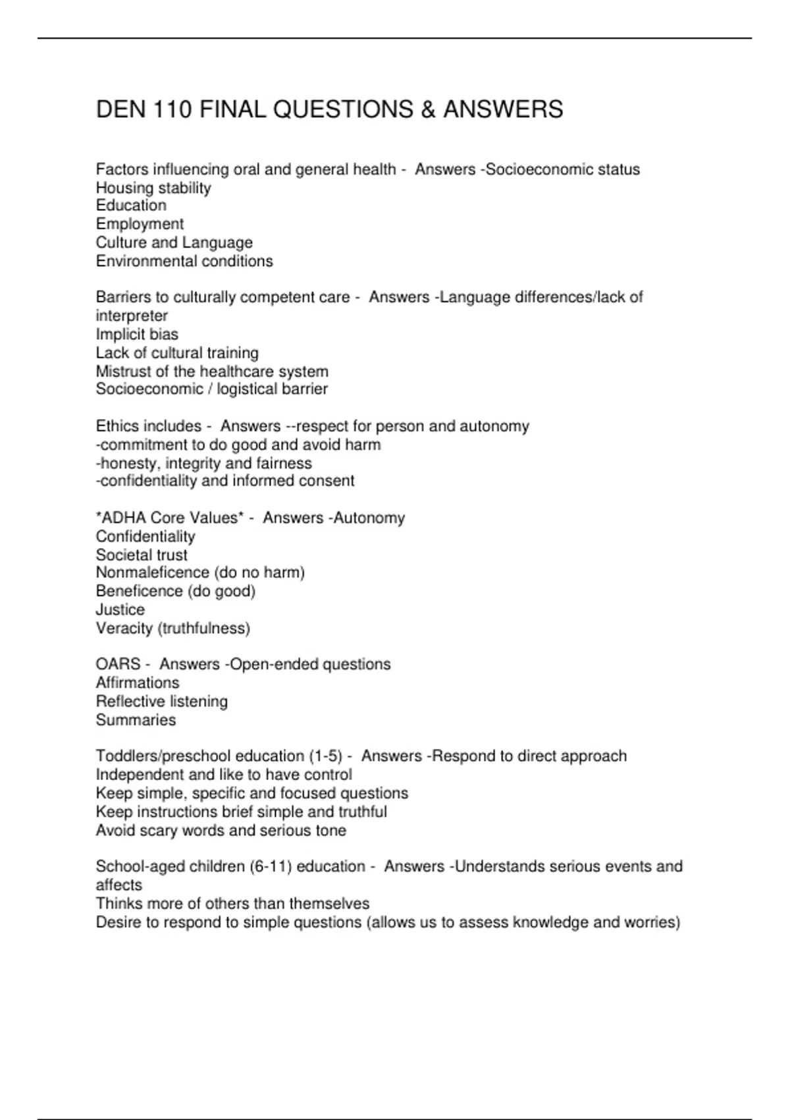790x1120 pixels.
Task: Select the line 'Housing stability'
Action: tap(153, 188)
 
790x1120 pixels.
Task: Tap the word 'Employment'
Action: tap(140, 224)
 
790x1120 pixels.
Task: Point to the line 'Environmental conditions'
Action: tap(184, 261)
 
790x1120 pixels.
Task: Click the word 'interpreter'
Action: tap(132, 316)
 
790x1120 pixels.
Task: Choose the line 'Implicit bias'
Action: tap(137, 334)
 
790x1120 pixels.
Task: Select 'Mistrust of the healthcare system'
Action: tap(212, 371)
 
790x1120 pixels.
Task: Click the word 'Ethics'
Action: tap(116, 426)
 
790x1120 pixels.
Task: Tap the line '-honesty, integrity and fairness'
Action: tap(204, 462)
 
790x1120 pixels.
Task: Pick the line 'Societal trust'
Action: tap(142, 555)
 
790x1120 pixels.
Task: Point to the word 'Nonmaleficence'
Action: tap(152, 573)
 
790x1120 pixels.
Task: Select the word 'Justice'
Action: tap(120, 609)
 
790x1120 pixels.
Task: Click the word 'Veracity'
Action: tap(124, 628)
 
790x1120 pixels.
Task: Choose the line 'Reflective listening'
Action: tap(162, 701)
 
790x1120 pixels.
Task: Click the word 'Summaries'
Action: tap(136, 719)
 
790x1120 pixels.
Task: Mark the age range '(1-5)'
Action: tap(326, 756)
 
